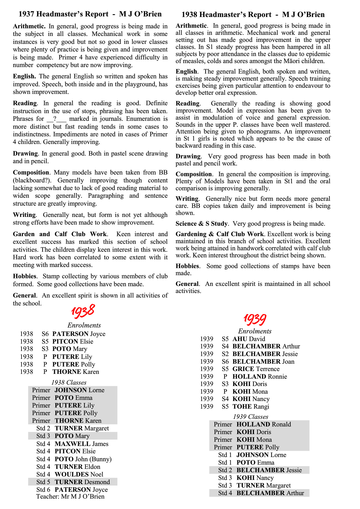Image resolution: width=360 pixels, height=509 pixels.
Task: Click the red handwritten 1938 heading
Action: [83, 311]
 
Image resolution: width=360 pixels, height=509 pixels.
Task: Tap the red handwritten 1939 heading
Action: [255, 320]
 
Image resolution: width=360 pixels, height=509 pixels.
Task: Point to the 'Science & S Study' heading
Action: [202, 224]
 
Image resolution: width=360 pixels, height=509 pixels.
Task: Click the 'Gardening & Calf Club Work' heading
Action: [220, 234]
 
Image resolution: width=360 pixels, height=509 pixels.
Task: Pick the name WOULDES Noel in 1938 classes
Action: [79, 474]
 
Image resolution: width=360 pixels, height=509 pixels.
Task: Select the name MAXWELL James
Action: [81, 444]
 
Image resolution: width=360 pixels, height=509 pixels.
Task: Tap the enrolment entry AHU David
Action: [249, 339]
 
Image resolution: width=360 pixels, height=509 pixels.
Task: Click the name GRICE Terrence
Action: [256, 369]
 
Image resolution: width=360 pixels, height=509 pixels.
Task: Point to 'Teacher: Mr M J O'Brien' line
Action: [70, 497]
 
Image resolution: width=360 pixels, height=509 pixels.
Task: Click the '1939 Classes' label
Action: [250, 417]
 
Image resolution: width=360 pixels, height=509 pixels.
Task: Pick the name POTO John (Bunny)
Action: [83, 459]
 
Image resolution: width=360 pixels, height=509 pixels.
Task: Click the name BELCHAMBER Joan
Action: [263, 361]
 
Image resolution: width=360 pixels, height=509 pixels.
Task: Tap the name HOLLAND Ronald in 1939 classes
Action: [263, 424]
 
